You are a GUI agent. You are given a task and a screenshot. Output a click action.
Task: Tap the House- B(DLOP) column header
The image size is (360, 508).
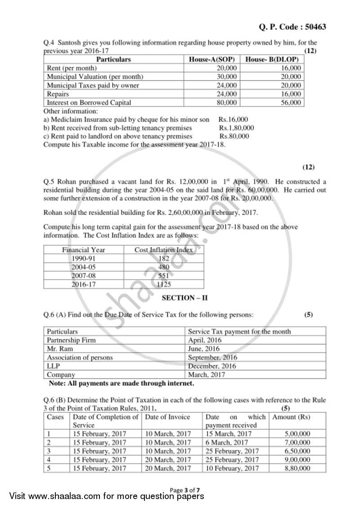[272, 59]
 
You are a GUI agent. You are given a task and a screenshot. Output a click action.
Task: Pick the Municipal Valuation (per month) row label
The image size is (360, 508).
[95, 77]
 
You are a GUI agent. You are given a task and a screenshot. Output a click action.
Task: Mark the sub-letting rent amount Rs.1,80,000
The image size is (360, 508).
[236, 128]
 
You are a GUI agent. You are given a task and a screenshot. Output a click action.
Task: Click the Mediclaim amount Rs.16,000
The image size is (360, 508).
[233, 120]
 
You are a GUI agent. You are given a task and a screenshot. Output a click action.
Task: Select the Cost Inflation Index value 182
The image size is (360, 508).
[164, 258]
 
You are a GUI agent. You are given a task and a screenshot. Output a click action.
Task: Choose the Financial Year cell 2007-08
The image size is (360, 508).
[83, 276]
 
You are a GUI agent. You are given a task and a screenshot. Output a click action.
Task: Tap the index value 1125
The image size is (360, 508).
[164, 284]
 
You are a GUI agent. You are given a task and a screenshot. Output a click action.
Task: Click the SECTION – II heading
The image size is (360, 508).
[184, 298]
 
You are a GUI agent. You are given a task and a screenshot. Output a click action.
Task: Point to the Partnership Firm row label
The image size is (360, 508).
[71, 340]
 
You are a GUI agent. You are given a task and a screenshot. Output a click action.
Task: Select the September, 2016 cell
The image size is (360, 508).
[212, 357]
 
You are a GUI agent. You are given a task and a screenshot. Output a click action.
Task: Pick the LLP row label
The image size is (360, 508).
[53, 366]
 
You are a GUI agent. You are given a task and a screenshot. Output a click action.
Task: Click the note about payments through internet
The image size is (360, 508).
[121, 383]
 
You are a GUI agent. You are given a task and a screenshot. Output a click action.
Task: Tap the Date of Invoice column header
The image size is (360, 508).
[167, 417]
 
